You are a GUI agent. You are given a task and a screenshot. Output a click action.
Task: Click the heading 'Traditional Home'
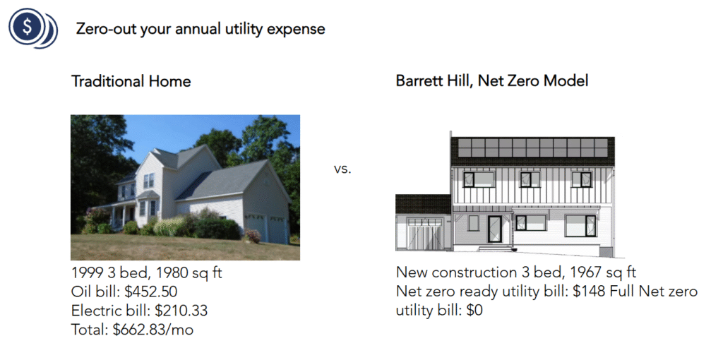(x=131, y=81)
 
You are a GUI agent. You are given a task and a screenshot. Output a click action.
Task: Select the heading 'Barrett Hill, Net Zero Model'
(x=491, y=81)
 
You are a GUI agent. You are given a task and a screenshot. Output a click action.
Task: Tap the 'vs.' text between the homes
(x=342, y=170)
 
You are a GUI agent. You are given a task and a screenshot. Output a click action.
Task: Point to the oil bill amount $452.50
(x=150, y=292)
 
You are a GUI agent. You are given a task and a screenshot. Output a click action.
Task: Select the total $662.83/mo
(x=153, y=328)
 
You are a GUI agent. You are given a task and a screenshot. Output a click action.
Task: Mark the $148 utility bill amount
(x=599, y=292)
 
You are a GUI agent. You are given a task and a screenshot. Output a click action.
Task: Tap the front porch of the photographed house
(x=120, y=215)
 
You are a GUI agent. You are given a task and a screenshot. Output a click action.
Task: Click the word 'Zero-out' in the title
(x=107, y=29)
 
